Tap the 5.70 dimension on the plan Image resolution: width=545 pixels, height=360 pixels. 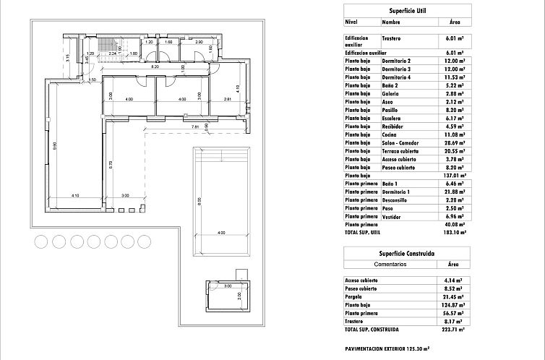point(111,165)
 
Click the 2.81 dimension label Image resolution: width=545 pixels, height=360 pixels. point(226,99)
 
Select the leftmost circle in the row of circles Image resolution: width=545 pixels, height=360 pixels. point(41,241)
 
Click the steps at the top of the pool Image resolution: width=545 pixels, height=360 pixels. point(221,155)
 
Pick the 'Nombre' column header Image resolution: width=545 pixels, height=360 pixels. point(390,22)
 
